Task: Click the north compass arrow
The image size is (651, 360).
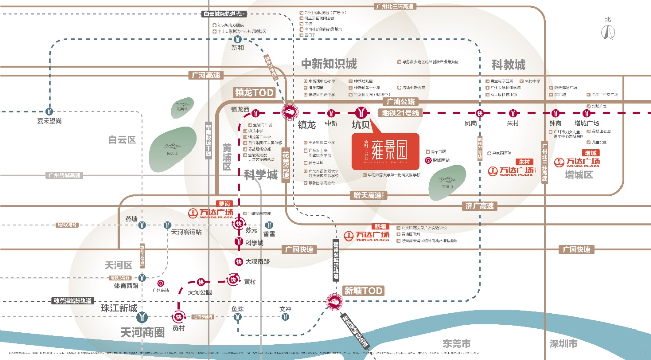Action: pyautogui.click(x=607, y=32)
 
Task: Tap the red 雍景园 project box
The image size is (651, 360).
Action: pyautogui.click(x=385, y=151)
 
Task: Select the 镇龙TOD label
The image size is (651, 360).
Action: pyautogui.click(x=254, y=93)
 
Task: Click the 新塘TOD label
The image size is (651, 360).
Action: pyautogui.click(x=363, y=290)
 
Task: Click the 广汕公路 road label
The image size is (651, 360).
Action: pyautogui.click(x=401, y=101)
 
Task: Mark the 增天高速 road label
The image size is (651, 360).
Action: pyautogui.click(x=368, y=195)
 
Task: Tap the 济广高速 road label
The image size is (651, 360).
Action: pyautogui.click(x=480, y=206)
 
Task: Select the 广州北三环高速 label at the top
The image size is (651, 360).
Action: pyautogui.click(x=395, y=6)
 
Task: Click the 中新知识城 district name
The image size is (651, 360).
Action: pyautogui.click(x=329, y=64)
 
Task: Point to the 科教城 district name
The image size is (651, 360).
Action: pyautogui.click(x=508, y=65)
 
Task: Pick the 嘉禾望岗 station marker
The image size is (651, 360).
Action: pyautogui.click(x=49, y=111)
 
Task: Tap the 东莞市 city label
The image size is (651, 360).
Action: pyautogui.click(x=457, y=343)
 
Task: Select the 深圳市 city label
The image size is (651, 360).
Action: pyautogui.click(x=564, y=343)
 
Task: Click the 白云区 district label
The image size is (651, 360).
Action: pyautogui.click(x=122, y=140)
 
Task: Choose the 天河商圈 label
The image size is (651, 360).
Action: pyautogui.click(x=142, y=333)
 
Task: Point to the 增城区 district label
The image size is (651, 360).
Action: pyautogui.click(x=579, y=175)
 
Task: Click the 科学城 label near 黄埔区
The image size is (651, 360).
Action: pyautogui.click(x=260, y=175)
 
